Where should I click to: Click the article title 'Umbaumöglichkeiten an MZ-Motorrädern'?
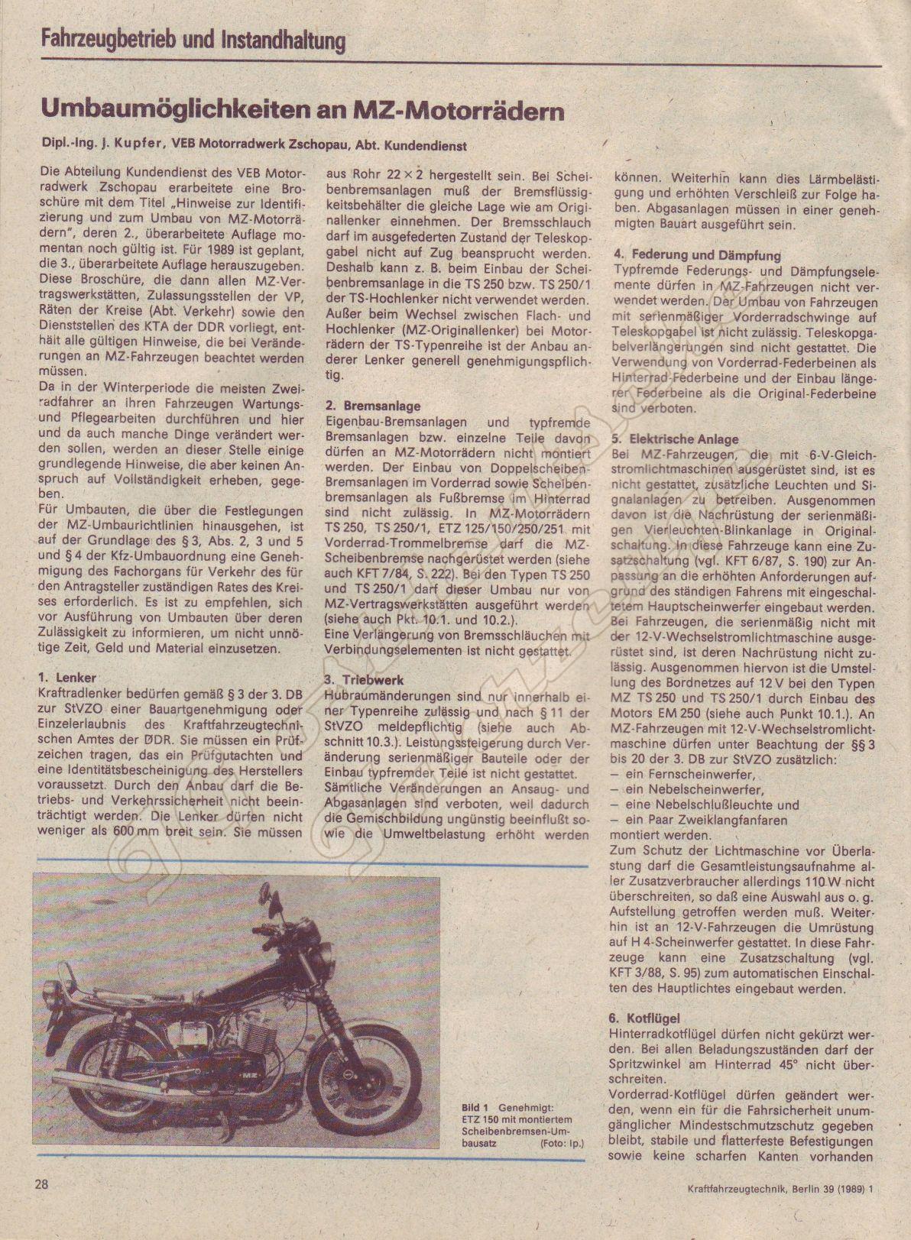coord(302,112)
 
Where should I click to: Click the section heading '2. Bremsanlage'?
coord(372,406)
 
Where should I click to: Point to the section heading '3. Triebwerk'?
coord(364,679)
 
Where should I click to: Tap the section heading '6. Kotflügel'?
coord(646,1018)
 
